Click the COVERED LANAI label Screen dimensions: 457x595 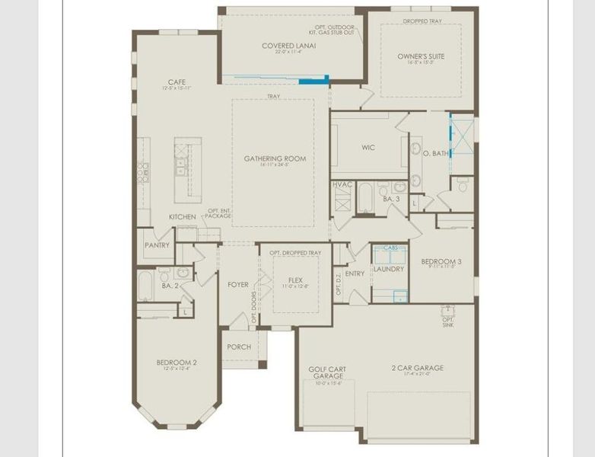[289, 46]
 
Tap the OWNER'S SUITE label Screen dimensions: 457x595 [421, 56]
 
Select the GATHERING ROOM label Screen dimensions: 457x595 [275, 158]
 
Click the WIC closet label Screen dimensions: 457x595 [369, 148]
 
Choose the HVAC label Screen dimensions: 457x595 [342, 185]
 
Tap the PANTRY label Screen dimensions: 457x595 [157, 246]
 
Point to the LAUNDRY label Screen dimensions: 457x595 [389, 269]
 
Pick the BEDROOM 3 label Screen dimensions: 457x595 [441, 261]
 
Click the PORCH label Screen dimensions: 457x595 [239, 347]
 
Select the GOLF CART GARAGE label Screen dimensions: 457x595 [327, 372]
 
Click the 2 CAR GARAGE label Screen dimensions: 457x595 [417, 368]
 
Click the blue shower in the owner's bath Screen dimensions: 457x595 [460, 135]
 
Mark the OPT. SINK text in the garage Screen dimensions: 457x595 [448, 321]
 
